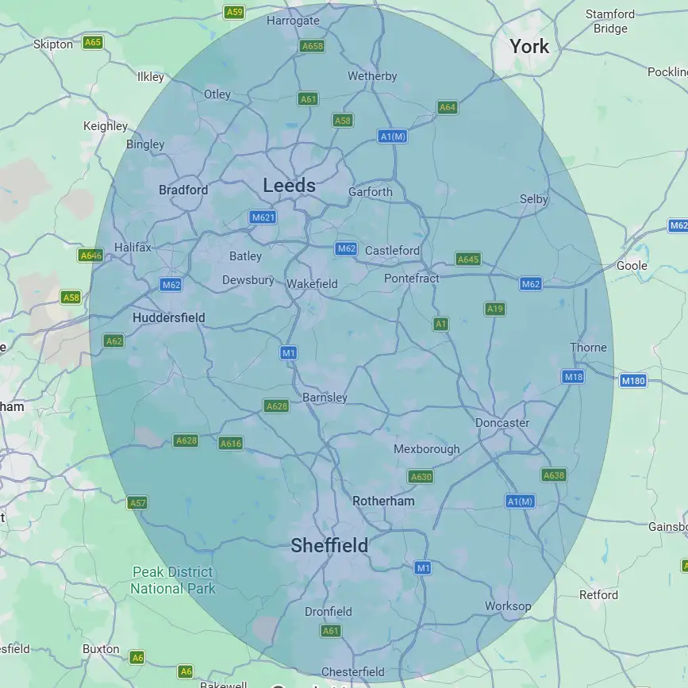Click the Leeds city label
[289, 186]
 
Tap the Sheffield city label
[329, 545]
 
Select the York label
[529, 46]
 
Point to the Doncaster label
[502, 423]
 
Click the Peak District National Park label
[172, 580]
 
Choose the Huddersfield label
[168, 317]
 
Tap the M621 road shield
[263, 217]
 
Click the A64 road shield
[448, 107]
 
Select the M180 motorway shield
[632, 381]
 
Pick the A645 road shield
[468, 259]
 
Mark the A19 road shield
[495, 309]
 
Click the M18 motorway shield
[573, 377]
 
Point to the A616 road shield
[230, 444]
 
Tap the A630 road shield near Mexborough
[421, 477]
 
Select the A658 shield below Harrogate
[313, 46]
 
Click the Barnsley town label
[325, 397]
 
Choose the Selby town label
[533, 199]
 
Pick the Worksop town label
[508, 606]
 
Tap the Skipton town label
[53, 44]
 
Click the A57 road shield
[137, 503]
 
